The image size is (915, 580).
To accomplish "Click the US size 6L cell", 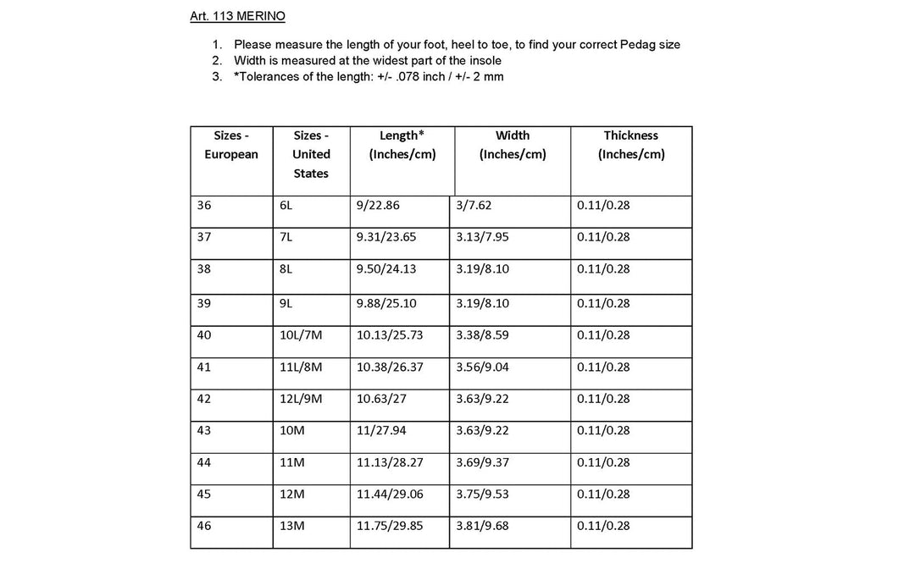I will [286, 206].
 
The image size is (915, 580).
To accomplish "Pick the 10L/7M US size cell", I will [301, 335].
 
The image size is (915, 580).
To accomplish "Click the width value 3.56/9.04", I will [483, 367].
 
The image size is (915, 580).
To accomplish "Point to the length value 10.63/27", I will [380, 399].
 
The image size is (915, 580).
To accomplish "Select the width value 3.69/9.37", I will [483, 462].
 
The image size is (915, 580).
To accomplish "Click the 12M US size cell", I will [291, 494].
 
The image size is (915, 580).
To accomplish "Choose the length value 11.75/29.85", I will [390, 526].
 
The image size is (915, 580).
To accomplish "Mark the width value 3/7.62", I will [474, 206].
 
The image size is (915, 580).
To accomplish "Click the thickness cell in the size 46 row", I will [603, 526].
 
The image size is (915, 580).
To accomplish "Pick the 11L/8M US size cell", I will [301, 367].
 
